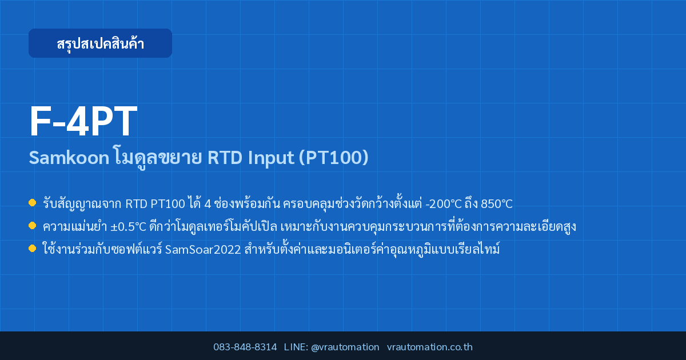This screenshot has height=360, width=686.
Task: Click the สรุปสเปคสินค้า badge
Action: pyautogui.click(x=100, y=43)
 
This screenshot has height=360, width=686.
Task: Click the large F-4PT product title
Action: pyautogui.click(x=83, y=121)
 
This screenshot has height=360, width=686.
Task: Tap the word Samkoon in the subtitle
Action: pyautogui.click(x=69, y=158)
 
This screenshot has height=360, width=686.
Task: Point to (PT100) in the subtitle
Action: pyautogui.click(x=333, y=158)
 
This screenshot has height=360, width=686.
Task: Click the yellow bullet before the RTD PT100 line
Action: pyautogui.click(x=32, y=203)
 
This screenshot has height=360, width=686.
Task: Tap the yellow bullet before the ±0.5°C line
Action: pyautogui.click(x=32, y=226)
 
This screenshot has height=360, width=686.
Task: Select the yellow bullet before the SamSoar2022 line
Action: pyautogui.click(x=32, y=248)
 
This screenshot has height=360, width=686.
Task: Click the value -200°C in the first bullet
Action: pyautogui.click(x=444, y=204)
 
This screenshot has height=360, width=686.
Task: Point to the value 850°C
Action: pyautogui.click(x=496, y=204)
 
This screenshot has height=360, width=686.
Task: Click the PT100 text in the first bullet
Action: pyautogui.click(x=168, y=204)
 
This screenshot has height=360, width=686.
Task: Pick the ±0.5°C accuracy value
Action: pyautogui.click(x=128, y=227)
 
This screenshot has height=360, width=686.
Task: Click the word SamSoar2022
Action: pyautogui.click(x=203, y=250)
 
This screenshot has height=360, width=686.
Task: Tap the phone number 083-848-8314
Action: pyautogui.click(x=245, y=347)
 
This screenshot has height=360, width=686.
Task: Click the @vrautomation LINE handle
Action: pyautogui.click(x=345, y=347)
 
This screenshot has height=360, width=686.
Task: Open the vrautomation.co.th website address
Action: pyautogui.click(x=430, y=347)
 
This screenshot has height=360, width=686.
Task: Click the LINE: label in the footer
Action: pyautogui.click(x=296, y=347)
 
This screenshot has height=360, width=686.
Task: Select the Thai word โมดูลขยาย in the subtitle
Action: pyautogui.click(x=158, y=158)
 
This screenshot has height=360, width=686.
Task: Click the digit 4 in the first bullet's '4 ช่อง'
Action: pyautogui.click(x=208, y=204)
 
